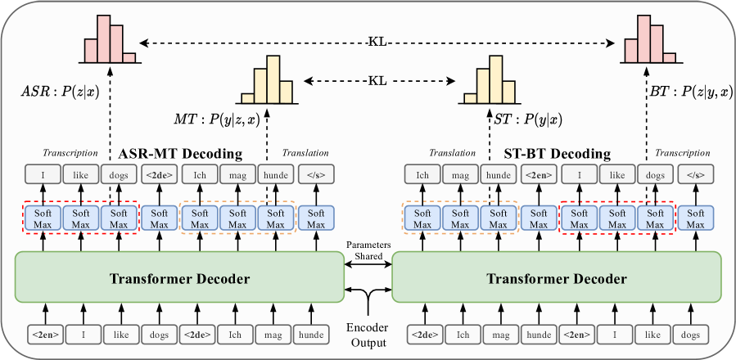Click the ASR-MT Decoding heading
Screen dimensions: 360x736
pos(180,153)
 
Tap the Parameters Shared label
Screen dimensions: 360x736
pos(368,250)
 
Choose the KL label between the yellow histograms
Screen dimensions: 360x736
pos(378,80)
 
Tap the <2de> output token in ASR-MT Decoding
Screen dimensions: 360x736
pos(160,175)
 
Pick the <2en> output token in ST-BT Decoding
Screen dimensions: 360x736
pos(538,175)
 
